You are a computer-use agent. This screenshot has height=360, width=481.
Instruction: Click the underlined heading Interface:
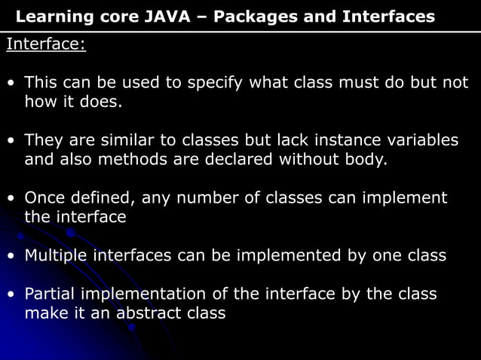[x=46, y=44]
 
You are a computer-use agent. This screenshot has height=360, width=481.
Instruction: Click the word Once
[x=45, y=198]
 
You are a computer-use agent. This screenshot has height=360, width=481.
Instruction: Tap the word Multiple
[x=56, y=255]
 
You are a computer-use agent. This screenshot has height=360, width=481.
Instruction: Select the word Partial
[x=52, y=294]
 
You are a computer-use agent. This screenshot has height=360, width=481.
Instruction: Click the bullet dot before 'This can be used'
[x=11, y=83]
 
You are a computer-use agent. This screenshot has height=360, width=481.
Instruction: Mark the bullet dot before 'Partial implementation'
[x=11, y=294]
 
